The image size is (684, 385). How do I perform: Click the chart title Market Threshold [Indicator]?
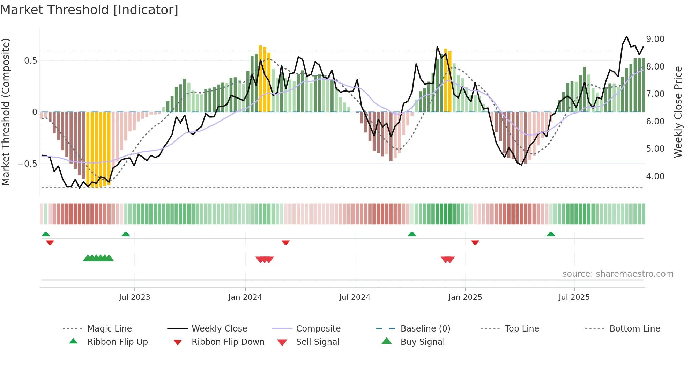[89, 10]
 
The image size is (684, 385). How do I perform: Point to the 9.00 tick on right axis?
[655, 39]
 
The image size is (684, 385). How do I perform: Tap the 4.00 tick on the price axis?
[655, 176]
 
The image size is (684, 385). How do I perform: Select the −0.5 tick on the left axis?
[27, 164]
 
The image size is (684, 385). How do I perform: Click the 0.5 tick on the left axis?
[30, 60]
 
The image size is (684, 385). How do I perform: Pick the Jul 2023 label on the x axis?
[134, 297]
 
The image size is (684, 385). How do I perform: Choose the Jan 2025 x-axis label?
[465, 297]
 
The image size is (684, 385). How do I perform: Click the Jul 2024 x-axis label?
[355, 297]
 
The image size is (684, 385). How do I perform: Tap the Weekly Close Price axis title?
[678, 112]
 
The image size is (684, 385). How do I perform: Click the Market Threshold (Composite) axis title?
[6, 112]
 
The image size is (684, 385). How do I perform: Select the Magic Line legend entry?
[109, 328]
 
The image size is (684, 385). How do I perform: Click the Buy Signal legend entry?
[422, 342]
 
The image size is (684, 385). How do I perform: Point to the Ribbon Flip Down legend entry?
[228, 342]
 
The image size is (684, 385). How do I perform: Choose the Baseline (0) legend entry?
[425, 328]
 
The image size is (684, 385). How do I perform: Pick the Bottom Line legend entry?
[634, 328]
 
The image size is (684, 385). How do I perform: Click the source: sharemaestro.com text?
[618, 274]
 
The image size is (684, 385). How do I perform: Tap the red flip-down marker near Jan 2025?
[475, 242]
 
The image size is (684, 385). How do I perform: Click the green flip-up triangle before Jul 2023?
[126, 234]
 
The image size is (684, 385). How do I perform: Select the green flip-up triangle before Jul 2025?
[551, 234]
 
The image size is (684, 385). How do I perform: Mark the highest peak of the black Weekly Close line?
[627, 37]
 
